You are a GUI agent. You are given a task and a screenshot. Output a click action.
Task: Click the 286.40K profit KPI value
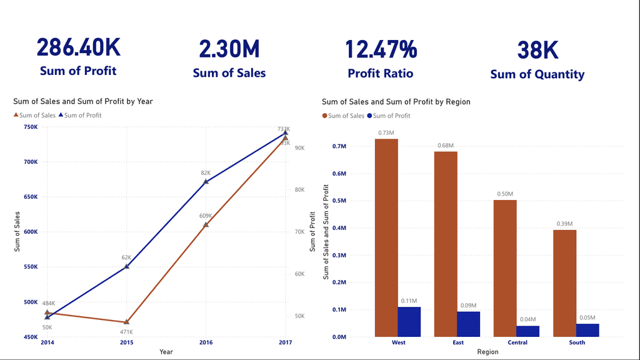tap(78, 48)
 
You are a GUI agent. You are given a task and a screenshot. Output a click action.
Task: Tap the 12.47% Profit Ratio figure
tap(381, 49)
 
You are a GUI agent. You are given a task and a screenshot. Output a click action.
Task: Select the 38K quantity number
tap(537, 51)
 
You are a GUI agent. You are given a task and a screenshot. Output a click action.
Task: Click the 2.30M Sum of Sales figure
tap(229, 49)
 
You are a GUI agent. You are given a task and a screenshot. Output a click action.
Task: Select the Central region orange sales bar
tap(505, 268)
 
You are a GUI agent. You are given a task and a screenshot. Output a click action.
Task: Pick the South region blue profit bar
tap(587, 330)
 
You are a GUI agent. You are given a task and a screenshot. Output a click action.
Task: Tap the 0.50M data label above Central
tap(505, 194)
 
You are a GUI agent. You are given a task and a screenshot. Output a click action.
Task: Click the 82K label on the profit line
tap(206, 172)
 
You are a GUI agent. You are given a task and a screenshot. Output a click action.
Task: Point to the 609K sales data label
tap(206, 216)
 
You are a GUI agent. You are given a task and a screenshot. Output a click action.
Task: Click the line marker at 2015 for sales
tap(126, 322)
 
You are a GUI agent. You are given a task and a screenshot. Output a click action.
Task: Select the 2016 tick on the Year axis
tap(206, 342)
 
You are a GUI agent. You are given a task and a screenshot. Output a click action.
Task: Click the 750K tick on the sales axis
tap(30, 127)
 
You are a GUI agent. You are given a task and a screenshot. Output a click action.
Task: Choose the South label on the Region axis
tap(577, 342)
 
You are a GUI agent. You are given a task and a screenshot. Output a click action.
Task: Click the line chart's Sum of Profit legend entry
tap(79, 115)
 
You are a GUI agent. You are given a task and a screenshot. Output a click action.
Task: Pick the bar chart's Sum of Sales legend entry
tap(343, 116)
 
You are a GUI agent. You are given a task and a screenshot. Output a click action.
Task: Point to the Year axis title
tap(166, 352)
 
